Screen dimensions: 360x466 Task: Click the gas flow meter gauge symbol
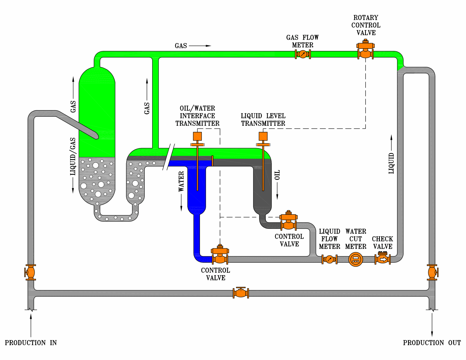point(303,54)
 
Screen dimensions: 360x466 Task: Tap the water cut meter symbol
point(356,259)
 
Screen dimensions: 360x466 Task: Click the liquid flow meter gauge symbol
point(329,259)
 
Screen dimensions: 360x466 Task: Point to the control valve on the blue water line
point(220,256)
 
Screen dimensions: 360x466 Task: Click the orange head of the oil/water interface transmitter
point(197,136)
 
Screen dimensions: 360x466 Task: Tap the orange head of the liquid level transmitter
point(263,136)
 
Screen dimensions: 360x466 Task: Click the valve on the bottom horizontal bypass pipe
point(241,293)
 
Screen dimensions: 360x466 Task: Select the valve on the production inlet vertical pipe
point(30,272)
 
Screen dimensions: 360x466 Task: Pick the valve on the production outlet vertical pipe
point(432,272)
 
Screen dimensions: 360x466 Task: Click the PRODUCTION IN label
point(31,343)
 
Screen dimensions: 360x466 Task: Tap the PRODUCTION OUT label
point(431,343)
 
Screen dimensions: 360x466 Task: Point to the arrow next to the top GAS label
point(200,46)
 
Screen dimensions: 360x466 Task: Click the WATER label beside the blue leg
point(181,181)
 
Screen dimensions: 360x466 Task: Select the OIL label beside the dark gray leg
point(277,175)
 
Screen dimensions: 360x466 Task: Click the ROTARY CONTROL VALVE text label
point(366,25)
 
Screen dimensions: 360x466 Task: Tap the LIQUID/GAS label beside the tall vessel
point(73,156)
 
